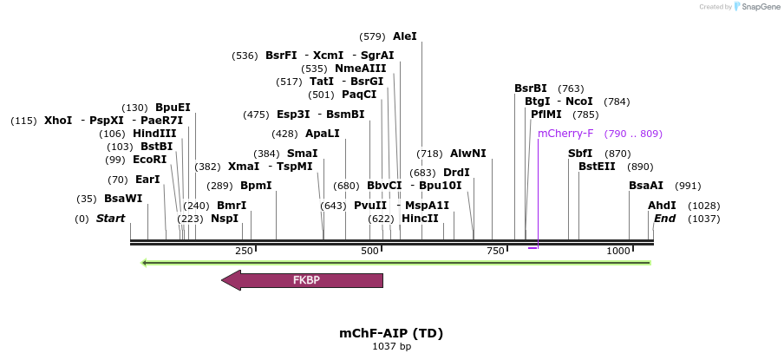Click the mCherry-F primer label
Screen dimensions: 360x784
[565, 134]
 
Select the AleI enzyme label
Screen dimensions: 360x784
[405, 36]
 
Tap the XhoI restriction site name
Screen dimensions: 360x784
[58, 121]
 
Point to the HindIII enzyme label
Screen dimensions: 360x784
[154, 134]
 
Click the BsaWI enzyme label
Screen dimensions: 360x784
[123, 199]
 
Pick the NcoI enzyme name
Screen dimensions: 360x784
[579, 101]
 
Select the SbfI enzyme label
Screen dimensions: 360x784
[580, 154]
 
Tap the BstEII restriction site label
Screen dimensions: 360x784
[597, 167]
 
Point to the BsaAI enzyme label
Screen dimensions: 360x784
[646, 186]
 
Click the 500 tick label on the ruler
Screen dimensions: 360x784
[370, 251]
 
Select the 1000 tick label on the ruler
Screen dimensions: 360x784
[618, 251]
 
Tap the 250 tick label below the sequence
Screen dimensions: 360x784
[244, 251]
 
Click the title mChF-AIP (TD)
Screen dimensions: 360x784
[391, 333]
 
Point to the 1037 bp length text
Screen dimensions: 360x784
[391, 347]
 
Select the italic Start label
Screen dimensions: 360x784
[110, 219]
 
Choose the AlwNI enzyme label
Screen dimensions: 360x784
[468, 154]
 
